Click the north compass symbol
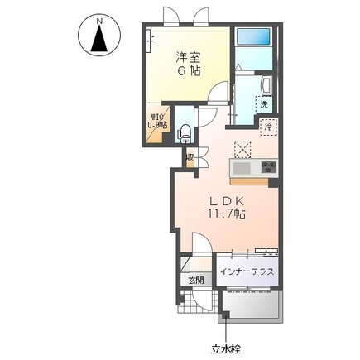pyautogui.click(x=99, y=37)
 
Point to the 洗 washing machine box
pyautogui.click(x=263, y=104)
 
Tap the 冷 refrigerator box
pyautogui.click(x=268, y=127)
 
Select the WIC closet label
pyautogui.click(x=157, y=120)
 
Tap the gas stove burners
pyautogui.click(x=268, y=167)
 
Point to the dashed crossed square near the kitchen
pyautogui.click(x=243, y=149)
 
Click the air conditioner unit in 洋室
pyautogui.click(x=151, y=42)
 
